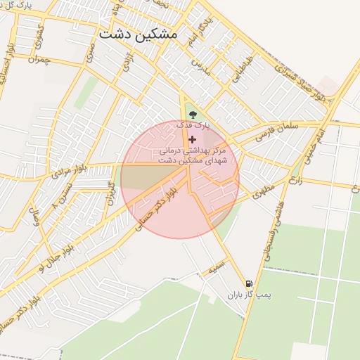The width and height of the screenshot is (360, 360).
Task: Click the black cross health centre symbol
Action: [193, 139]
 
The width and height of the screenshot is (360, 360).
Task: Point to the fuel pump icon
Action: [249, 283]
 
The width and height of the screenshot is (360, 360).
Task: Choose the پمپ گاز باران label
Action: [248, 295]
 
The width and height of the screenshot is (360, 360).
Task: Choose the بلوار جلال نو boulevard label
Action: [50, 257]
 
